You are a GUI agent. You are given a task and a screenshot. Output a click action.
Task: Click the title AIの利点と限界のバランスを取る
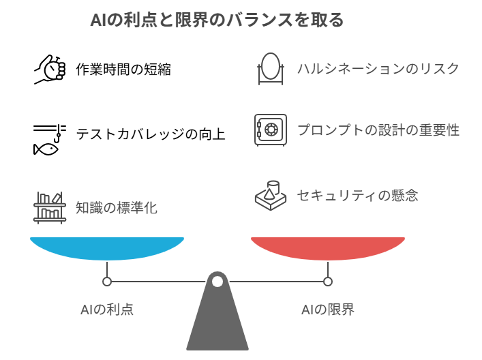coord(217,20)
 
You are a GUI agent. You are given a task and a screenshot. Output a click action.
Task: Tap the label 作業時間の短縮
coord(123,69)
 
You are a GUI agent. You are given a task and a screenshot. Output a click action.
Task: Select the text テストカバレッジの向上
coord(151,134)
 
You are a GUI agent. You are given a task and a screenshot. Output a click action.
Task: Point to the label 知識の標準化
coord(117,207)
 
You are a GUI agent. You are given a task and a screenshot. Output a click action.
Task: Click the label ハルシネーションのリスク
coord(378,69)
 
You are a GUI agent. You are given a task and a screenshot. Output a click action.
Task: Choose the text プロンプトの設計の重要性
coord(378,130)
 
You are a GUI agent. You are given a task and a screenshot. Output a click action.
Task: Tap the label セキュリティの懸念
coord(357,195)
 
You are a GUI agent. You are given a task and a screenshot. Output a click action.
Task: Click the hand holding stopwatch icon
coord(50,69)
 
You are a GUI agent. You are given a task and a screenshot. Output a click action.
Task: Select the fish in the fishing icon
coord(46,149)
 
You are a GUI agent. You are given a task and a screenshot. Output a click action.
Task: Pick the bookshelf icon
coord(50,208)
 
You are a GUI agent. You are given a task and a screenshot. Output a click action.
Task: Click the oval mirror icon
coord(271,68)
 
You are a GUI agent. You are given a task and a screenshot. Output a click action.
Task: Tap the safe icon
coord(271,130)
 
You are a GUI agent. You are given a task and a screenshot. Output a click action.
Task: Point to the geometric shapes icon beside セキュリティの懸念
coord(271,196)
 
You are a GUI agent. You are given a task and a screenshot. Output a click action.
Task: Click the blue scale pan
coord(107,248)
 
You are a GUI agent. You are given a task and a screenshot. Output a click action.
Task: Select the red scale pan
coord(328,248)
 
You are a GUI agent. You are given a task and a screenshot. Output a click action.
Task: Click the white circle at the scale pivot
coord(217,282)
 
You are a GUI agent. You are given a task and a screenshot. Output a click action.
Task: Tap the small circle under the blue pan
coord(107,282)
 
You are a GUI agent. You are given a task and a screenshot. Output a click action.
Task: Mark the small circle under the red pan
coord(328,282)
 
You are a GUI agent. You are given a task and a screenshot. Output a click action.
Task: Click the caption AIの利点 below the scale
coord(107,310)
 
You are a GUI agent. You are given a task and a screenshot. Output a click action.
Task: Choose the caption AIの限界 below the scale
coord(328,310)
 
